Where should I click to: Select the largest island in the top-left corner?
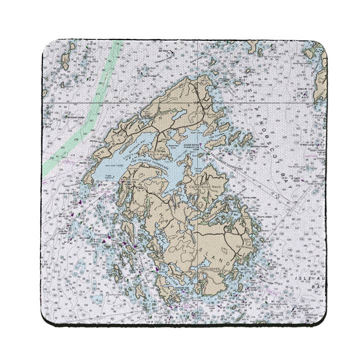(65, 60)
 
